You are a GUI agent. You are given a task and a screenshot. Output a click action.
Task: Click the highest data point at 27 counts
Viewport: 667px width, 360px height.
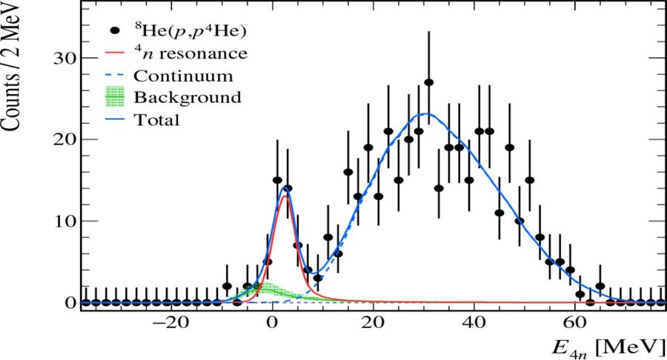click(x=428, y=82)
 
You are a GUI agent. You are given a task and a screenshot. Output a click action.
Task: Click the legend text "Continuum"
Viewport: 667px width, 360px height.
click(x=184, y=76)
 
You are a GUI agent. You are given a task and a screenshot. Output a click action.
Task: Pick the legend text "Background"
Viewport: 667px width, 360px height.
click(x=188, y=97)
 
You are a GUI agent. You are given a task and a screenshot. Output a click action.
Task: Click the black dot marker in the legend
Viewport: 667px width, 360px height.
click(x=115, y=32)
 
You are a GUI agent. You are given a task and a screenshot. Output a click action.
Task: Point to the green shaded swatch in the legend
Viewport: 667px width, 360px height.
click(x=115, y=97)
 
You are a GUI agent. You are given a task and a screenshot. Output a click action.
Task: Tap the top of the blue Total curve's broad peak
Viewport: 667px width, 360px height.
click(x=425, y=114)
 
